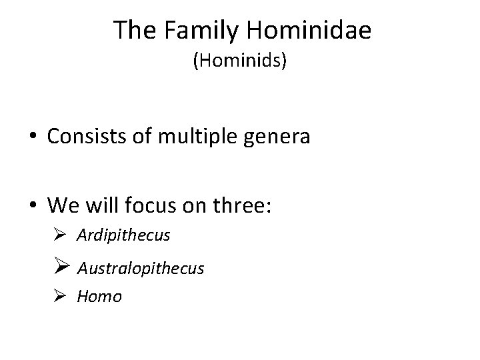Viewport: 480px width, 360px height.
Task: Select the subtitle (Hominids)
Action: tap(239, 62)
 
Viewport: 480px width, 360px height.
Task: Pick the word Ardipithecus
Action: tap(123, 235)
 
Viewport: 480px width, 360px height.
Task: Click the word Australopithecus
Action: tap(141, 268)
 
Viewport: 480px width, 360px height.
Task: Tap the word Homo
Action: tap(99, 297)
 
